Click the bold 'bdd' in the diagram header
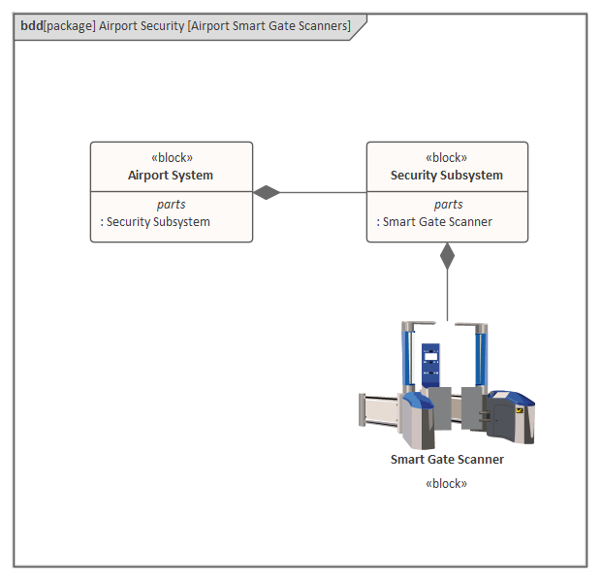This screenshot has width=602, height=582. click(x=31, y=26)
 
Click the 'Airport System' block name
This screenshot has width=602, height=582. click(x=171, y=176)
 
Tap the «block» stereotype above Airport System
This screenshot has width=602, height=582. click(x=171, y=157)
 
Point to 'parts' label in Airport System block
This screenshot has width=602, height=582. click(x=171, y=205)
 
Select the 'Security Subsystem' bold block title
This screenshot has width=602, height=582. click(x=447, y=176)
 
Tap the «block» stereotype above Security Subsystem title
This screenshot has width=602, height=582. click(x=447, y=157)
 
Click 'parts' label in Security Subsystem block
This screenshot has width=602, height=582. click(x=448, y=205)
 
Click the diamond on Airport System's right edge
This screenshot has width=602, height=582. click(x=267, y=192)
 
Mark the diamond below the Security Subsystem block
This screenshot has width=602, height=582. click(x=447, y=256)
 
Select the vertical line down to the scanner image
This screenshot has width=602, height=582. click(x=447, y=295)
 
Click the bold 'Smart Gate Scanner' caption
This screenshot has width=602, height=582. click(x=447, y=460)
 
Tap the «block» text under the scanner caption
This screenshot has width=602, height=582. click(x=447, y=483)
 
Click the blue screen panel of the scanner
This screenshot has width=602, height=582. click(x=429, y=364)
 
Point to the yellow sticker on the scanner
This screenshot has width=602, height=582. click(x=521, y=410)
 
